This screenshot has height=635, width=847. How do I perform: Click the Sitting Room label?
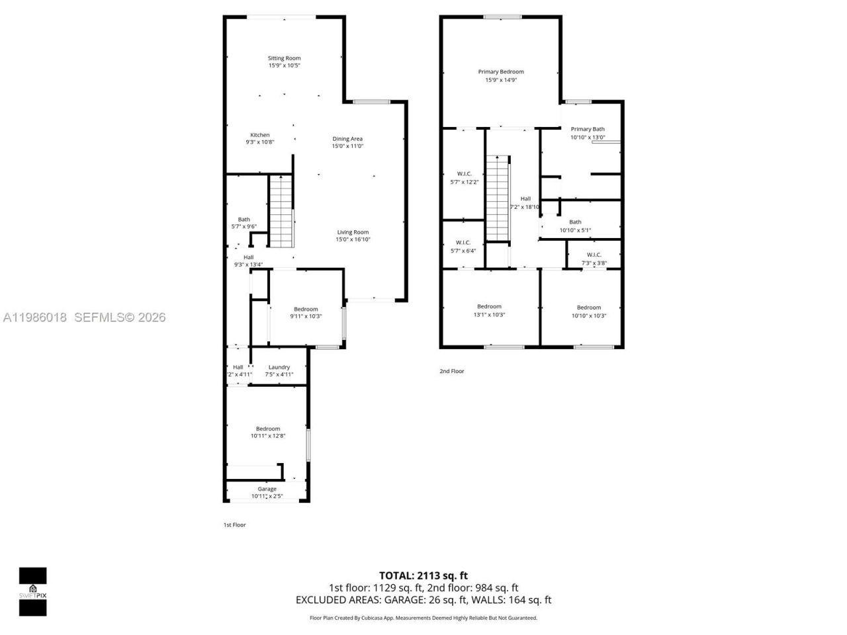(284, 58)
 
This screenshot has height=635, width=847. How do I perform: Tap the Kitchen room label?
(259, 135)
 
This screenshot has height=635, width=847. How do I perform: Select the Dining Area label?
(347, 139)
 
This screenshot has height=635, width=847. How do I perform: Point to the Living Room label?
(352, 232)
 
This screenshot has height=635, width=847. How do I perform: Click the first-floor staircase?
(281, 212)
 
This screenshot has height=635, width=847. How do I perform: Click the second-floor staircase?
(497, 198)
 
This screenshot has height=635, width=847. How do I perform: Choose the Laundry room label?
(279, 367)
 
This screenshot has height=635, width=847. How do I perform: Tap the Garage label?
(267, 489)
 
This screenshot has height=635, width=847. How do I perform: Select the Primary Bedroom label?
(501, 71)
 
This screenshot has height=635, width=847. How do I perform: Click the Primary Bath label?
(587, 129)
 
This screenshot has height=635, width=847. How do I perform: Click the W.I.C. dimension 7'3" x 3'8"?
(594, 263)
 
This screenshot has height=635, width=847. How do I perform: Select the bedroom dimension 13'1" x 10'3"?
(489, 315)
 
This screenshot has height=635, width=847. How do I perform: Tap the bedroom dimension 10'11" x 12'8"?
(267, 436)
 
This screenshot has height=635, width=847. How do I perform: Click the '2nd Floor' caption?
(452, 371)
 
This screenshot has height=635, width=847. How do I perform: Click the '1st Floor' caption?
(234, 525)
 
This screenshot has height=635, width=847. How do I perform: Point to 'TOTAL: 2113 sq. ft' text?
(423, 575)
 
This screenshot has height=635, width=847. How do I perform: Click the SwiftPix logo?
(32, 591)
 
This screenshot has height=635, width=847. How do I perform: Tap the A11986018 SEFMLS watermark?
(83, 317)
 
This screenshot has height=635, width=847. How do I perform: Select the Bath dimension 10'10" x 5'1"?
(575, 230)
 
